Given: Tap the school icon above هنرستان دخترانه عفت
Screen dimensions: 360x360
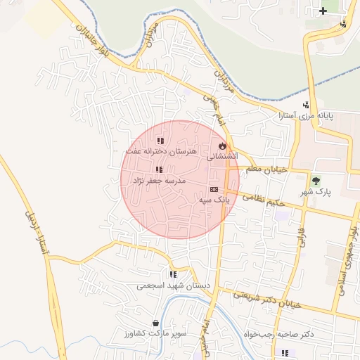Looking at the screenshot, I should pyautogui.click(x=161, y=141).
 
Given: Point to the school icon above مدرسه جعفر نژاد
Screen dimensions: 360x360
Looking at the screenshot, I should pyautogui.click(x=159, y=169).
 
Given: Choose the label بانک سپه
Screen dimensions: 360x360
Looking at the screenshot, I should pyautogui.click(x=215, y=200).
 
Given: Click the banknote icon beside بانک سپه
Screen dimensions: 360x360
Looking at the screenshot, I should pyautogui.click(x=214, y=189).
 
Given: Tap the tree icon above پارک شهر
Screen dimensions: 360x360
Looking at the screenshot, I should pyautogui.click(x=315, y=181).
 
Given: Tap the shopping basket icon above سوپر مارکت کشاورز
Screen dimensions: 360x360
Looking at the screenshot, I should pyautogui.click(x=155, y=323).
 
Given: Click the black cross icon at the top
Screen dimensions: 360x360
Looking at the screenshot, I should pyautogui.click(x=323, y=11).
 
